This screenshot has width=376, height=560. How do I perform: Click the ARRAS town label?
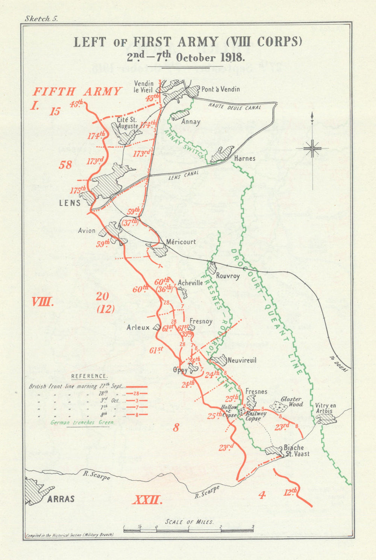[61, 499]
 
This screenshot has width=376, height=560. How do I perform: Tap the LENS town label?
[70, 203]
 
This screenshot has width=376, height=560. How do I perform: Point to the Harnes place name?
[245, 159]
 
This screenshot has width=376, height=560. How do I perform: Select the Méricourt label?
[181, 242]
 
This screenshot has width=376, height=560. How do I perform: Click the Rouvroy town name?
[228, 276]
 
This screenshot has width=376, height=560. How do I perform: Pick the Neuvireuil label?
[242, 360]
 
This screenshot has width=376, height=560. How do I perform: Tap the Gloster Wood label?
[291, 402]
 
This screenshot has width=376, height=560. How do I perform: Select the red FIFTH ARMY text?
[77, 92]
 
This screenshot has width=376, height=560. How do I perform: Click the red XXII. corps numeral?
[147, 500]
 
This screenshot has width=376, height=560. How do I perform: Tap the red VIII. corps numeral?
[42, 302]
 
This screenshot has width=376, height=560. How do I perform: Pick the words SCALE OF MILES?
[189, 522]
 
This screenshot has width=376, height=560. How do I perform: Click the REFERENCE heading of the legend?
[89, 376]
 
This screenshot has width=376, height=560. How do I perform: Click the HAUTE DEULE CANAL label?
[235, 106]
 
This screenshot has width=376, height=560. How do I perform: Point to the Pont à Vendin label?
[220, 89]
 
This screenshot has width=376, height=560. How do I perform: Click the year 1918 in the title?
[231, 58]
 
